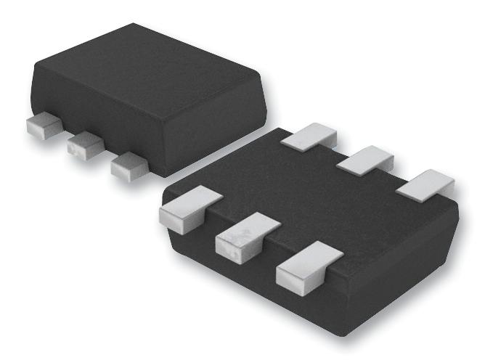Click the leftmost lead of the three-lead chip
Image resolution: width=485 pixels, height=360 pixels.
pyautogui.click(x=41, y=126)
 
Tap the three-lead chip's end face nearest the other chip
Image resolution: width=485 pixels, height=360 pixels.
pyautogui.click(x=218, y=131)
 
